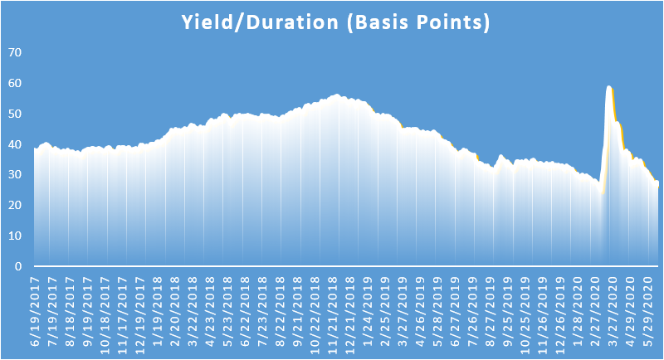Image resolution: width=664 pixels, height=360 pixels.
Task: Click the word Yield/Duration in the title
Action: pyautogui.click(x=260, y=22)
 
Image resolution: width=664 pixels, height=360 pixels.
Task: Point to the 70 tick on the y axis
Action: pyautogui.click(x=15, y=52)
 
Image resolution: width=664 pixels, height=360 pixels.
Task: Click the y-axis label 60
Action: pyautogui.click(x=15, y=83)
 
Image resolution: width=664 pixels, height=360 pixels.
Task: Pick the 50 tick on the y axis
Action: pyautogui.click(x=15, y=114)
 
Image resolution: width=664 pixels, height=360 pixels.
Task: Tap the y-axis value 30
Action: pyautogui.click(x=15, y=175)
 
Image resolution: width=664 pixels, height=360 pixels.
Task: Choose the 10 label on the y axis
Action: pyautogui.click(x=15, y=236)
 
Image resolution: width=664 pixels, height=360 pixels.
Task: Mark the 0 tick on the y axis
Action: pyautogui.click(x=18, y=266)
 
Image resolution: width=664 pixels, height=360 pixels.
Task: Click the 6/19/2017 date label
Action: pyautogui.click(x=35, y=311)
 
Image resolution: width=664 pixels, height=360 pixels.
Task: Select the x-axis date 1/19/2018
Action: pyautogui.click(x=158, y=311)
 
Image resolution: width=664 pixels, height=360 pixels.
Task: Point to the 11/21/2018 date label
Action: pyautogui.click(x=333, y=315)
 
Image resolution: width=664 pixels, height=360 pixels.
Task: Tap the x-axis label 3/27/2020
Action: pyautogui.click(x=613, y=311)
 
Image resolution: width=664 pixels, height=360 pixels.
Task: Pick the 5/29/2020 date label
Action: pyautogui.click(x=648, y=311)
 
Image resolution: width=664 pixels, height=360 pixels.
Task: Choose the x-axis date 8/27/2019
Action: pyautogui.click(x=491, y=311)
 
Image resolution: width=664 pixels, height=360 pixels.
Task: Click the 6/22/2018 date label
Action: pyautogui.click(x=245, y=311)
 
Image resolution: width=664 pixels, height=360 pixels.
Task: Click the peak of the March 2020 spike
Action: pyautogui.click(x=609, y=87)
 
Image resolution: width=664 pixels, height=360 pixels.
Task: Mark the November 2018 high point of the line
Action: pyautogui.click(x=337, y=95)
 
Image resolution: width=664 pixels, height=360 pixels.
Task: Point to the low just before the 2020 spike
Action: pyautogui.click(x=602, y=193)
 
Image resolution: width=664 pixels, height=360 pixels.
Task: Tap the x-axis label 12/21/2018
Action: pyautogui.click(x=350, y=315)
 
